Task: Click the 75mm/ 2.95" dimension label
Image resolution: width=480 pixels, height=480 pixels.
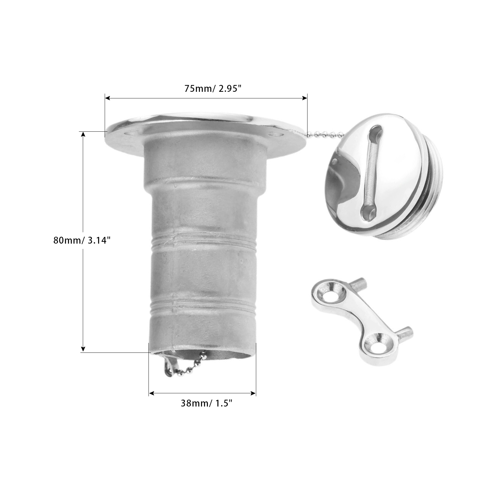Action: point(213,89)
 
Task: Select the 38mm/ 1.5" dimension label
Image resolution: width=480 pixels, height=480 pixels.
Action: point(207,403)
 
